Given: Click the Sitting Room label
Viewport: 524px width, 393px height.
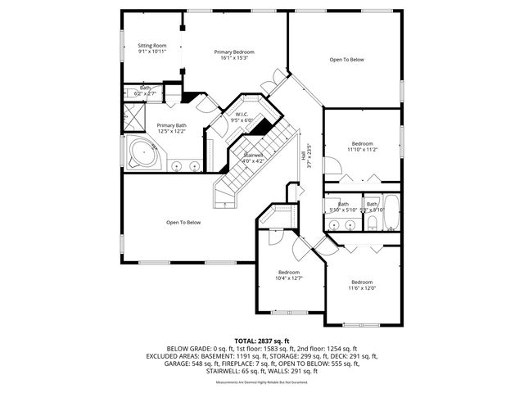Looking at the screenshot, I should coord(152,45).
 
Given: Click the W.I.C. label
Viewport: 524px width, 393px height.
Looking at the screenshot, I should coord(242,114).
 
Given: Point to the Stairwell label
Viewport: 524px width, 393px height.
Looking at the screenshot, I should coord(253,154).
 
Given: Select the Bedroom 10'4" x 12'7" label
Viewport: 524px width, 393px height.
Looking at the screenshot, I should coord(289,272).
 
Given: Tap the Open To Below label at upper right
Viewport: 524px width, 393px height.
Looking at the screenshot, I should coord(347,60).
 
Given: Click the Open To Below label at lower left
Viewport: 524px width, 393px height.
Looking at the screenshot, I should coord(183,222).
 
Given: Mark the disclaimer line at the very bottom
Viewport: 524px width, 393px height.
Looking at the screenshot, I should coord(262,382).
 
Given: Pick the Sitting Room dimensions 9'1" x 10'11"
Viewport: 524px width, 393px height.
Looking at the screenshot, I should coord(152,52).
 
